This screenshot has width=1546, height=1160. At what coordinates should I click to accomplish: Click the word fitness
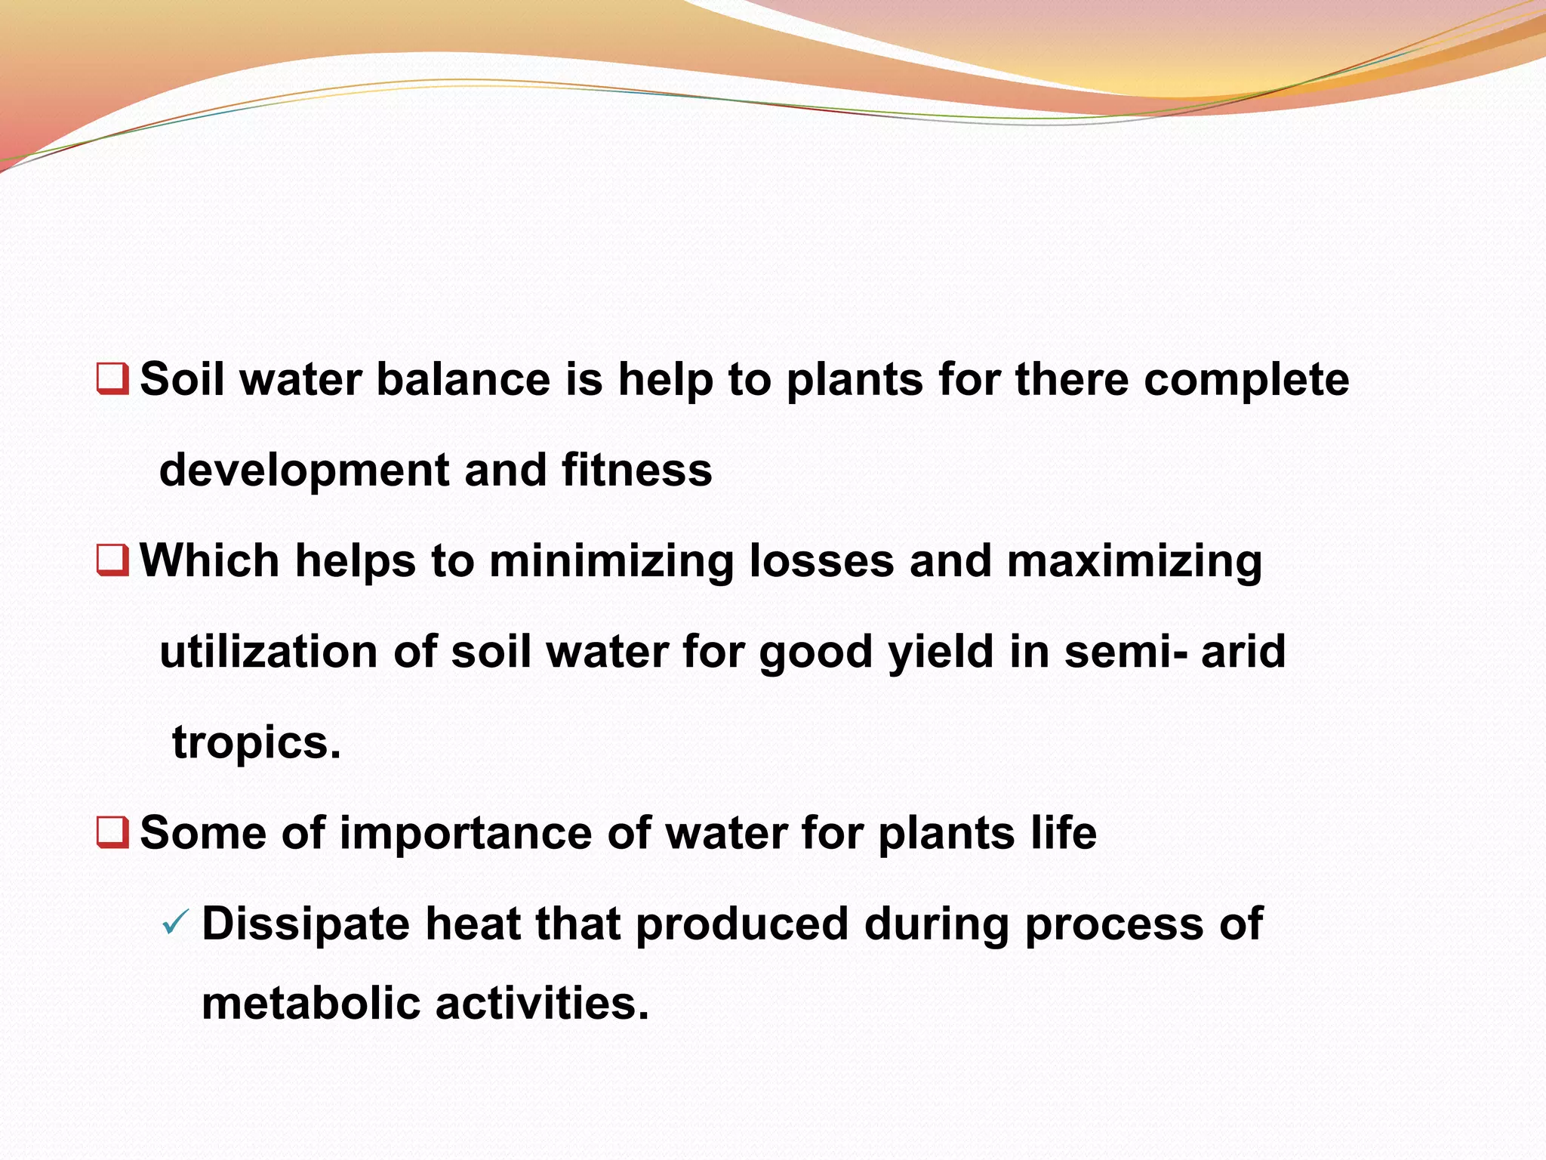pos(636,470)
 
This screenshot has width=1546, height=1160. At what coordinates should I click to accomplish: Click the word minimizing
pos(611,562)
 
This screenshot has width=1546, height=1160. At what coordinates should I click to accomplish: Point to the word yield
pos(941,652)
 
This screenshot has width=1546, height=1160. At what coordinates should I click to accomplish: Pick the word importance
pos(466,834)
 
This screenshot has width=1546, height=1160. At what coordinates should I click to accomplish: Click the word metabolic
pos(311,1004)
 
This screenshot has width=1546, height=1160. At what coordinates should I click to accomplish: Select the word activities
pos(542,1004)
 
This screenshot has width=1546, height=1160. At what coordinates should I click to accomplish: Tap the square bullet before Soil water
pos(112,378)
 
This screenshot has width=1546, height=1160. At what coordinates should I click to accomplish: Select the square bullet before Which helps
pos(112,560)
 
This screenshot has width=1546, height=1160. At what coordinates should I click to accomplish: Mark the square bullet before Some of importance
pos(112,832)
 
